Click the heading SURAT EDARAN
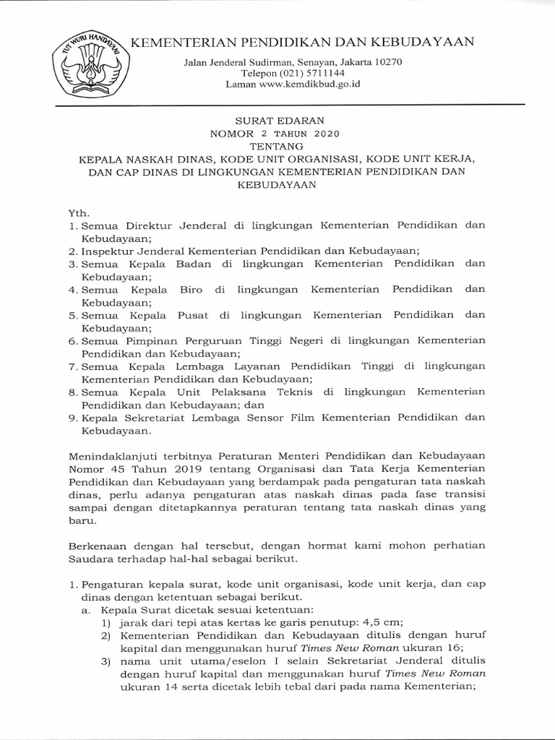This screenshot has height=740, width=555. pos(277,121)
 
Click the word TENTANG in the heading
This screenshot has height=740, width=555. pos(277,146)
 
